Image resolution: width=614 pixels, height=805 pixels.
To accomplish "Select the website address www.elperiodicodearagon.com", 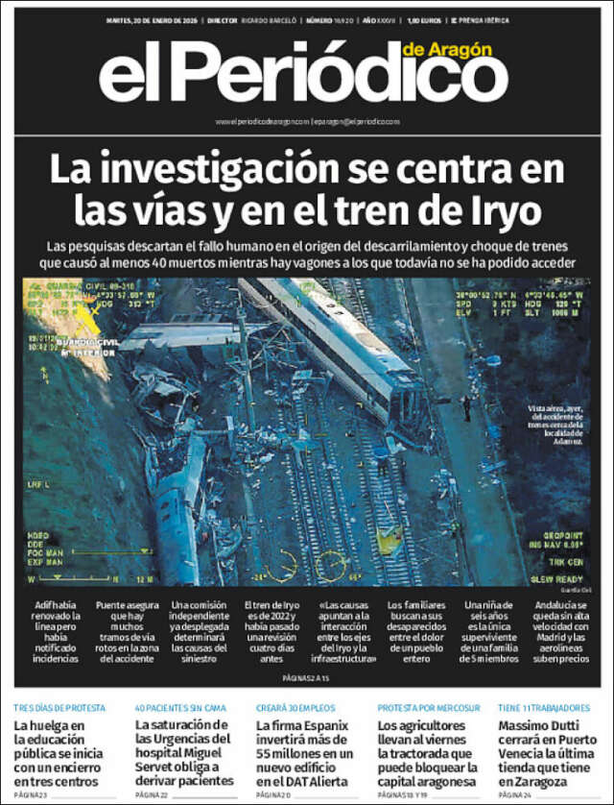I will tap(263, 122).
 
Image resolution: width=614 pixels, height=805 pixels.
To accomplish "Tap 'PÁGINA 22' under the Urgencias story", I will tap(152, 796).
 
